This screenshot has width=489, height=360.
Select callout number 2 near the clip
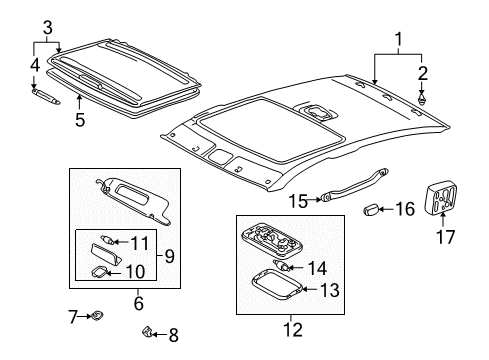[423, 72]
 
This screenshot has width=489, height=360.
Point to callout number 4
[33, 65]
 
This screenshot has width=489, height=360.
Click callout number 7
[72, 318]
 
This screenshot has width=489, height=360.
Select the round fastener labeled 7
[96, 317]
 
